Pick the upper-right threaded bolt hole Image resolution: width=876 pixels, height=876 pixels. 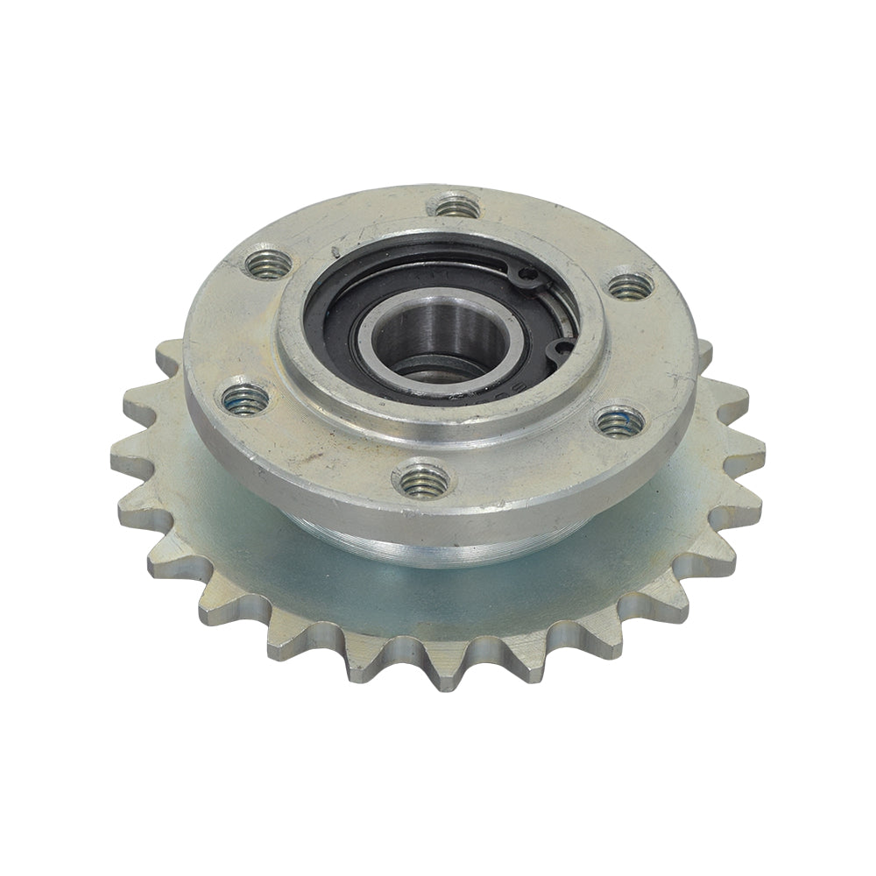(630, 286)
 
